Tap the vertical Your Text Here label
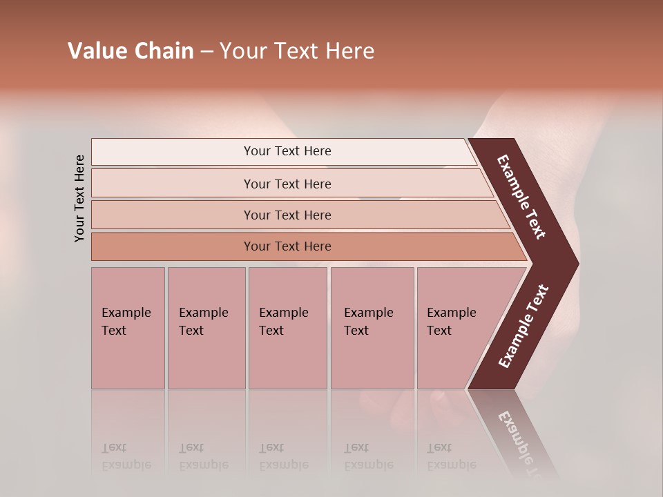tap(79, 199)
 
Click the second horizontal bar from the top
tap(287, 184)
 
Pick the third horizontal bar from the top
tap(287, 215)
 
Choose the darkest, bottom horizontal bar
tap(287, 246)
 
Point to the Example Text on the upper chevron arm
tap(521, 197)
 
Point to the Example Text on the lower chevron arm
tap(523, 327)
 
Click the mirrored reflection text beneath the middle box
tap(283, 457)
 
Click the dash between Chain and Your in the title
tap(206, 52)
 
